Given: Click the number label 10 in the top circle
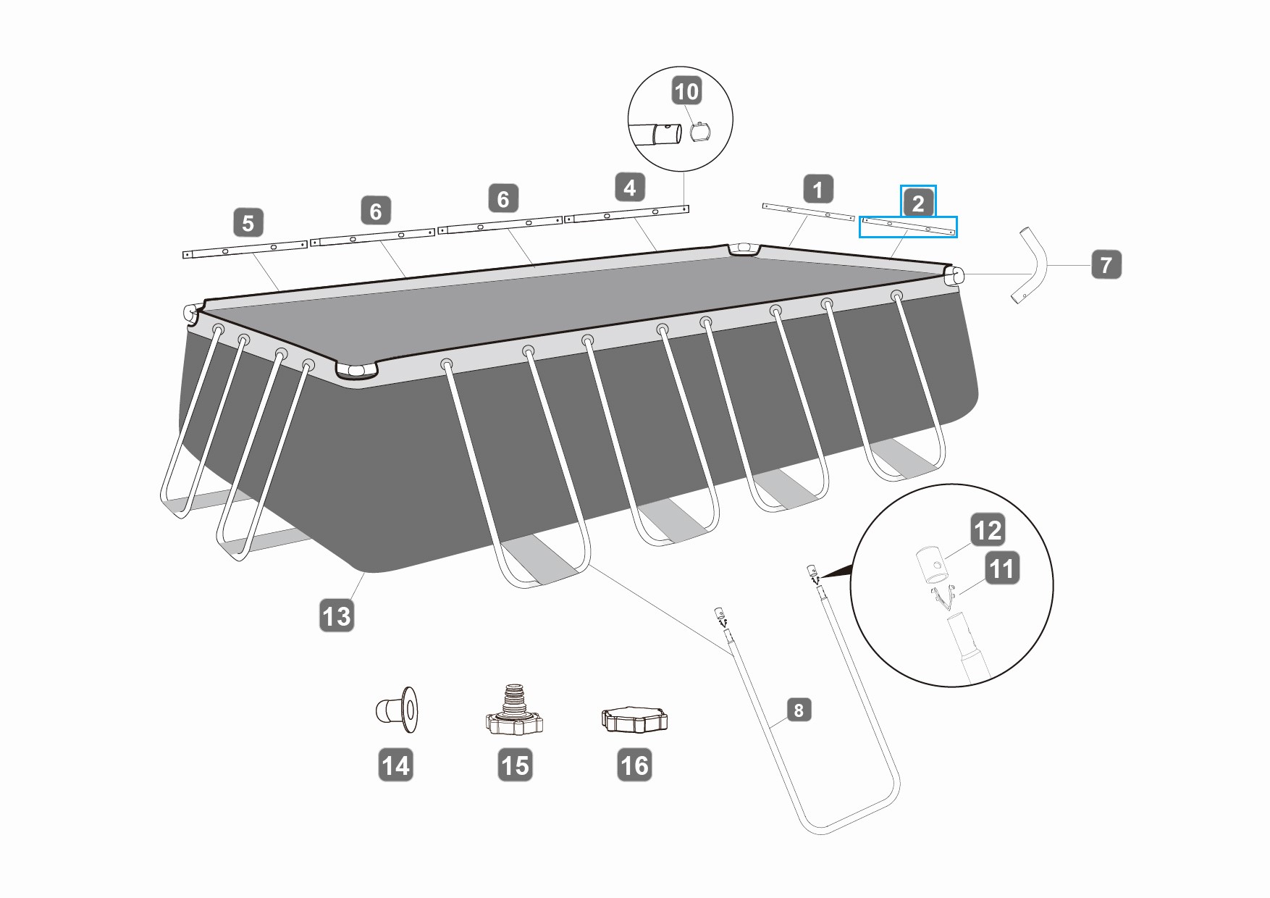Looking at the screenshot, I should (x=686, y=91).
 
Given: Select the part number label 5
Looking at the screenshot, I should (x=248, y=222).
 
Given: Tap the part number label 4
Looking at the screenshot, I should (x=630, y=188).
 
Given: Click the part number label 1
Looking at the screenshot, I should (x=818, y=190).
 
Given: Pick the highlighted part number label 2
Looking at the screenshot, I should (x=918, y=203).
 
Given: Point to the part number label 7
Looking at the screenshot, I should (x=1106, y=265).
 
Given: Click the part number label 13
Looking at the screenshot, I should (x=337, y=616).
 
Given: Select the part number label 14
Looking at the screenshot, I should (x=395, y=765).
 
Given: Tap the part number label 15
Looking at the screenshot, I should (x=515, y=765).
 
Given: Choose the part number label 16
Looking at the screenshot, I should (x=634, y=765).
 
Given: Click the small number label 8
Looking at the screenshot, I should (x=799, y=710).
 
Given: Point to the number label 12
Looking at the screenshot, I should (x=988, y=530).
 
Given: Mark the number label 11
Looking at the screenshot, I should (x=1002, y=568).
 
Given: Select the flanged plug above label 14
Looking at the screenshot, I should (x=398, y=708).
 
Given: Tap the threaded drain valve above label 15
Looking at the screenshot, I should (x=514, y=712).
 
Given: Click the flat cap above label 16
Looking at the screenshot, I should (x=634, y=719).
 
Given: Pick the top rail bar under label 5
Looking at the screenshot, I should (x=245, y=250).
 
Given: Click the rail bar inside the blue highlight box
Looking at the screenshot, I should (x=909, y=227).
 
